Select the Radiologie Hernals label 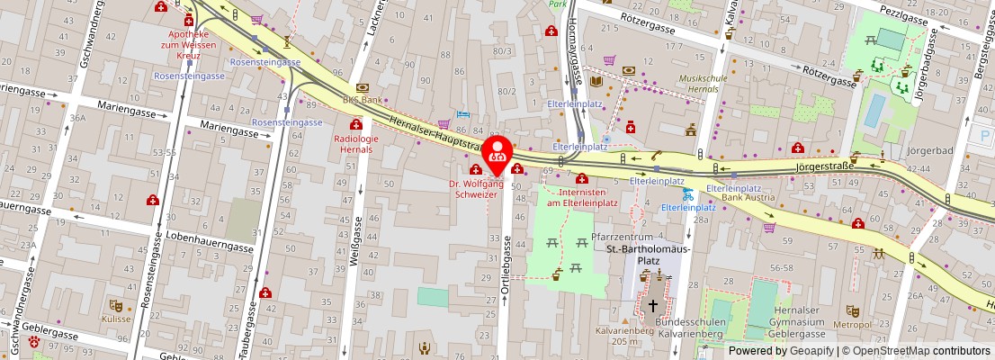click(356, 144)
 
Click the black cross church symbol click(652, 306)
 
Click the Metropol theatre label click(853, 324)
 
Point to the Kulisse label click(116, 319)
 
